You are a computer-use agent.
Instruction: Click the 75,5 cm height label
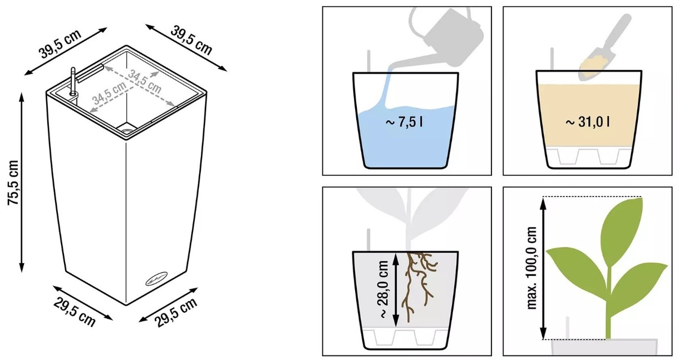pyautogui.click(x=14, y=183)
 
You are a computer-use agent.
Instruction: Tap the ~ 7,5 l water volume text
pyautogui.click(x=404, y=122)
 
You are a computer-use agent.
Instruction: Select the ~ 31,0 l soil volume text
pyautogui.click(x=588, y=122)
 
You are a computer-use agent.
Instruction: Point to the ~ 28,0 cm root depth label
pyautogui.click(x=383, y=289)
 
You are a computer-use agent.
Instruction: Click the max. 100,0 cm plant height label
pyautogui.click(x=532, y=268)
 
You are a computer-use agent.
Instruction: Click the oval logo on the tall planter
pyautogui.click(x=156, y=279)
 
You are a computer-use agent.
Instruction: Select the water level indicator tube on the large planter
pyautogui.click(x=73, y=81)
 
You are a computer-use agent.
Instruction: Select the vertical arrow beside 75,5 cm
pyautogui.click(x=22, y=183)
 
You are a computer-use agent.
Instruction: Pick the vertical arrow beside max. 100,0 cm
pyautogui.click(x=543, y=268)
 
